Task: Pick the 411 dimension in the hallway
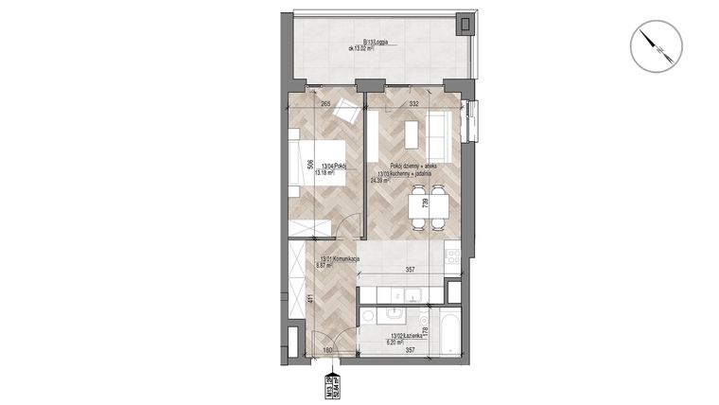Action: tap(311, 302)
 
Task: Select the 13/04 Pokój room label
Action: tap(333, 167)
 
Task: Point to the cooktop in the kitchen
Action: tap(452, 255)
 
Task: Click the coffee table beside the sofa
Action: tap(412, 134)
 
